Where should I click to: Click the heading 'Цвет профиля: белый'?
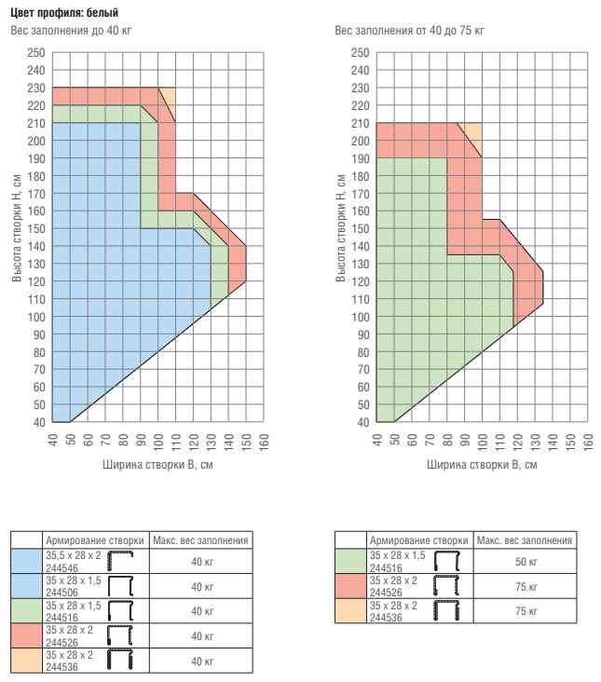coord(64,11)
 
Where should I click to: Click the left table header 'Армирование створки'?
coord(94,540)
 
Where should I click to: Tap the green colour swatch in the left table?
coord(26,611)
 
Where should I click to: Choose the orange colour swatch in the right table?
coord(350,612)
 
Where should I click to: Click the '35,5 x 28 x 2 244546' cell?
coord(74,561)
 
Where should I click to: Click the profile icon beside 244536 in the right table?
coord(448,612)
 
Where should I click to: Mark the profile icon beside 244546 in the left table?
coord(124,561)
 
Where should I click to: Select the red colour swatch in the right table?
coord(350,587)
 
